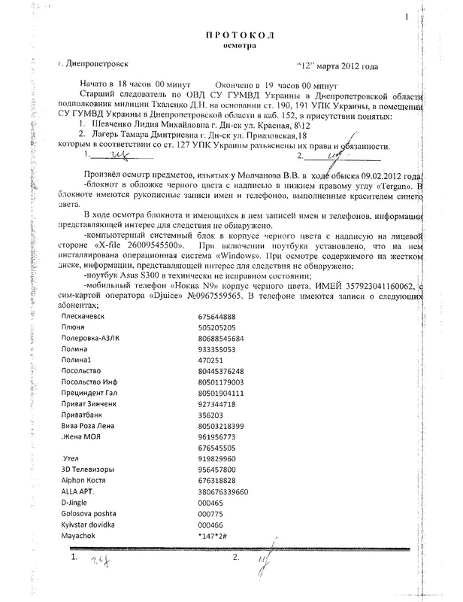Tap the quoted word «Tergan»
[x=392, y=184]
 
